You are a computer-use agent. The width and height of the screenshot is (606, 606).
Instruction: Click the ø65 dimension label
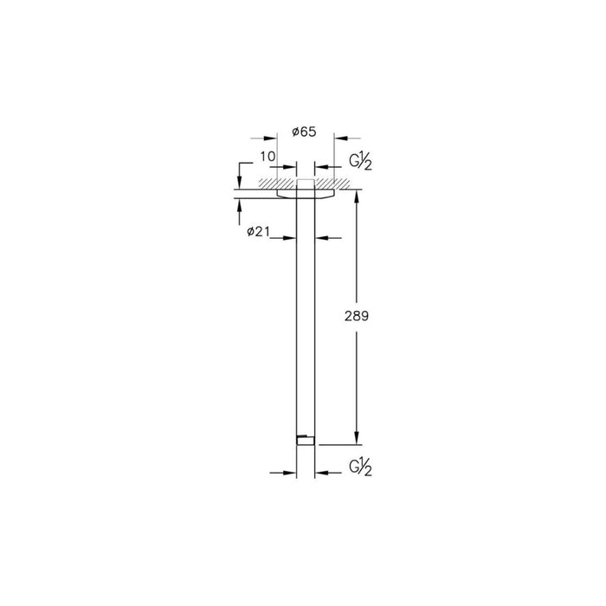(x=306, y=131)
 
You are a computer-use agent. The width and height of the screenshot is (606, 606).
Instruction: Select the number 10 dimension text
(x=268, y=157)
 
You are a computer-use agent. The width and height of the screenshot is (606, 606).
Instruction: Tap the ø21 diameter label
(x=261, y=231)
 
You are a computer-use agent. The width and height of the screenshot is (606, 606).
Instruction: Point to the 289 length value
(x=358, y=317)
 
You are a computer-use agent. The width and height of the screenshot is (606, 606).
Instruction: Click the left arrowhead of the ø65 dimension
(x=271, y=138)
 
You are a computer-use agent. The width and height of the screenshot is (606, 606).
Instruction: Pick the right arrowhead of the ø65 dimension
(x=339, y=138)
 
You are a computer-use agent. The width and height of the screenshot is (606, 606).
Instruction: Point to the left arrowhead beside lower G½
(x=290, y=473)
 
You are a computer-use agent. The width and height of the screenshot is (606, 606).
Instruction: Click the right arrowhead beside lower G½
(x=321, y=473)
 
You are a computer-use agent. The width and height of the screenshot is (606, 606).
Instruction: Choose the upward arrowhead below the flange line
(x=240, y=205)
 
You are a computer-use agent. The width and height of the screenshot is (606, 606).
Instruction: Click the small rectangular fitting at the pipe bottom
(x=303, y=440)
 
